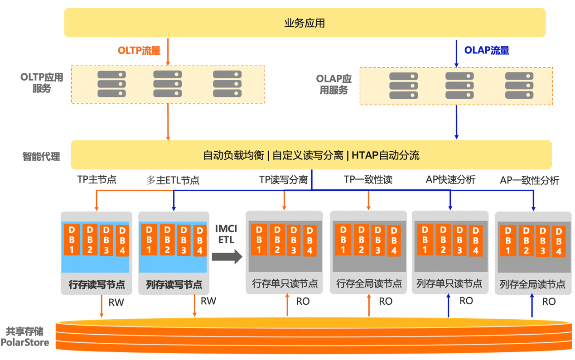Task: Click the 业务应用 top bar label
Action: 304,23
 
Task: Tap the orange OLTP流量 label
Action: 139,51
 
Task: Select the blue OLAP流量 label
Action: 487,51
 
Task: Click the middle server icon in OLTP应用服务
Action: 168,84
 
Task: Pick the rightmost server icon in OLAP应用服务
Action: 519,86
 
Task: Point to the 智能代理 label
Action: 41,157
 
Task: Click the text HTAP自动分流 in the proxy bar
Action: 385,156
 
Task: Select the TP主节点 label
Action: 97,180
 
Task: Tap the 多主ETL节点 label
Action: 173,180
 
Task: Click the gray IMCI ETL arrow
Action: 227,257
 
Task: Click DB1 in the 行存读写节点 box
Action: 72,240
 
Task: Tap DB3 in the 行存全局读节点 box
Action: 377,240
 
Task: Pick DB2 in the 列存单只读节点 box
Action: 443,240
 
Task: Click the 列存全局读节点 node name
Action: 532,284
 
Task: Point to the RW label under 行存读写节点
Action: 116,302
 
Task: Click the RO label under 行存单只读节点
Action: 303,301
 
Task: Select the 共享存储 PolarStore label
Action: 25,337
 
